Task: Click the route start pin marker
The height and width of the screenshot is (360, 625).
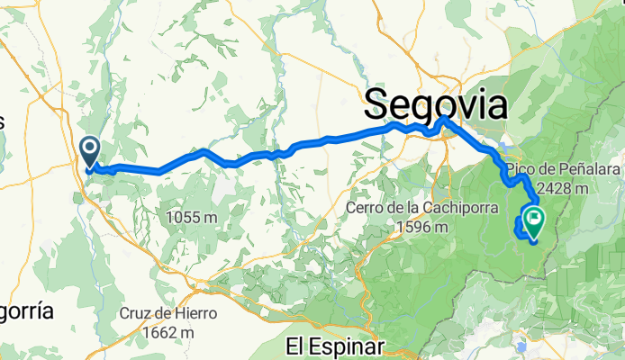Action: click(x=90, y=149)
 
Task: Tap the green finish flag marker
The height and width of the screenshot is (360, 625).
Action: click(x=534, y=217)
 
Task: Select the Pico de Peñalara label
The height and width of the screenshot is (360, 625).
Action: click(x=550, y=170)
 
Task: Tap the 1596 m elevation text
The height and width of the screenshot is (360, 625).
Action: click(x=422, y=227)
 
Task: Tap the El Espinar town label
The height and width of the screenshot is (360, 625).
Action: click(x=334, y=346)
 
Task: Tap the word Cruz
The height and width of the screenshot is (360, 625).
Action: click(x=136, y=314)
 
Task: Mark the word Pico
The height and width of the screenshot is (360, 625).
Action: click(x=521, y=170)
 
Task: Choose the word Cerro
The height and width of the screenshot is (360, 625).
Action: click(x=365, y=209)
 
